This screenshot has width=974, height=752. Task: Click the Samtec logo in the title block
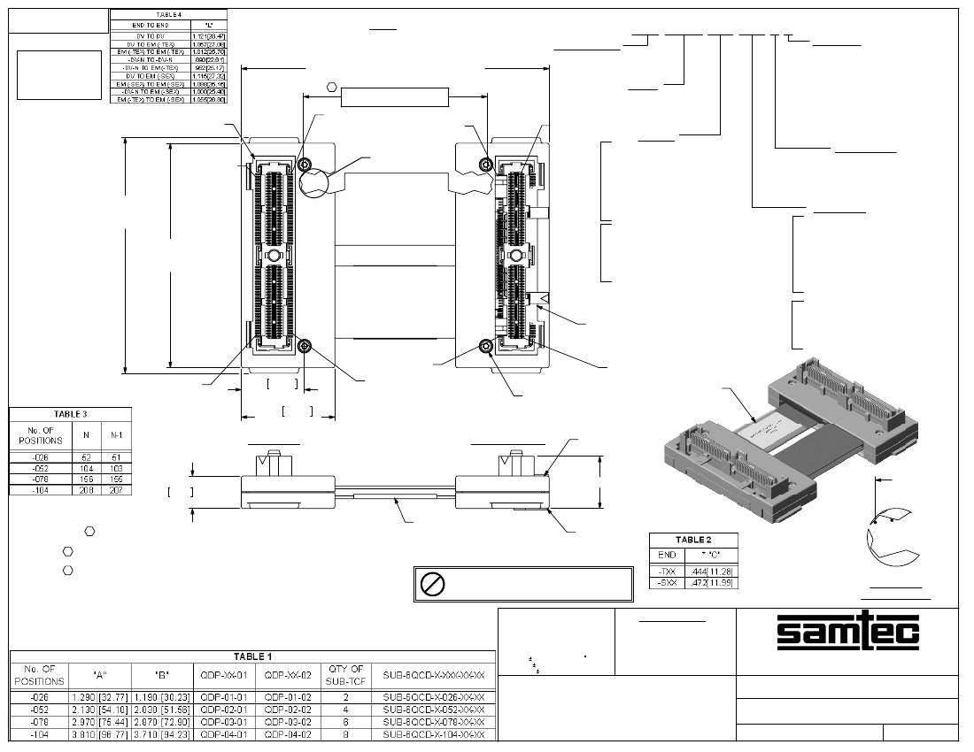point(848,631)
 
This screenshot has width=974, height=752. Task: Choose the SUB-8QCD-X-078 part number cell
point(433,722)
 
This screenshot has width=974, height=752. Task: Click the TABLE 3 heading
point(70,413)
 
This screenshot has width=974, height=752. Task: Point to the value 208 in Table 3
point(86,489)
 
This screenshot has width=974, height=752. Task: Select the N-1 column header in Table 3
point(115,434)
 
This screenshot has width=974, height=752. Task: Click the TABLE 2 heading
point(693,539)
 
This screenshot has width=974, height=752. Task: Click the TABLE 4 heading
point(167,15)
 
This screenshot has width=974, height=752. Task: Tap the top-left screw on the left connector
point(305,165)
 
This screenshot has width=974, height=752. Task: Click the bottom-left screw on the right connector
point(485,346)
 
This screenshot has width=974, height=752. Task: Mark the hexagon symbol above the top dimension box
point(331,88)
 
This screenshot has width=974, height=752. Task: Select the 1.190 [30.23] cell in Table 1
point(162,697)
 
